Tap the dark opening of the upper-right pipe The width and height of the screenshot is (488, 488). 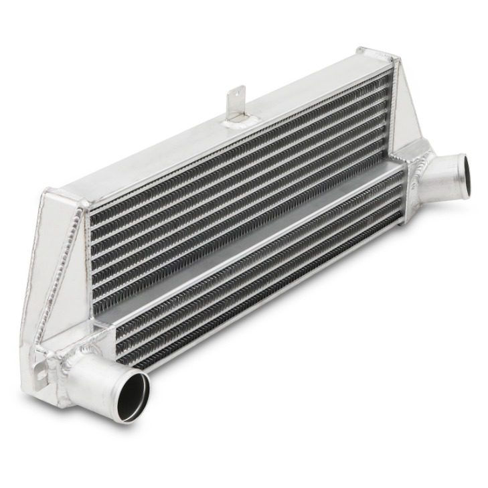tap(461, 170)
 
